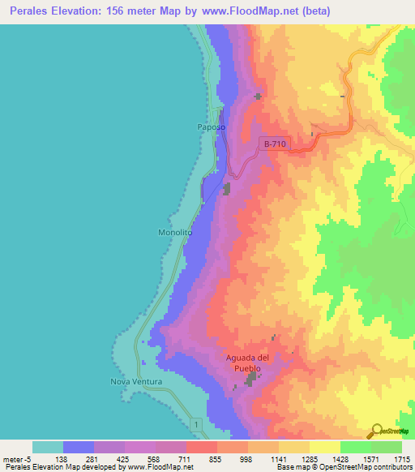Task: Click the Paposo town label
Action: tap(210, 127)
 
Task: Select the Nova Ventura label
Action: tap(137, 381)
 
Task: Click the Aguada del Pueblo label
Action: tap(250, 363)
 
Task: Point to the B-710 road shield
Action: tap(274, 144)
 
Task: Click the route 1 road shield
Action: tap(195, 423)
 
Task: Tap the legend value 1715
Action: tap(400, 459)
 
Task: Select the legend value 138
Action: tap(62, 459)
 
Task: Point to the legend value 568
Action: tap(154, 459)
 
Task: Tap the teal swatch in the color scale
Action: tap(47, 447)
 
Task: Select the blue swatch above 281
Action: tap(79, 447)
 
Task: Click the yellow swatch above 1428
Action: tap(324, 447)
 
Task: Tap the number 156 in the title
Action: tap(133, 11)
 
